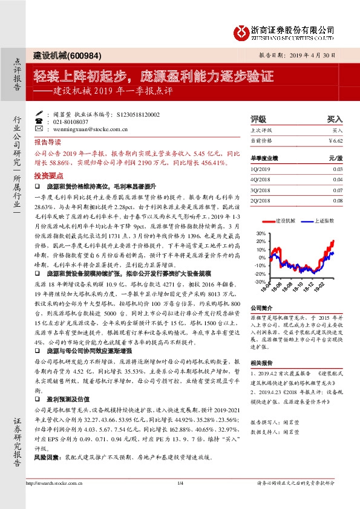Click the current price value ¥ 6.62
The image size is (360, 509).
335,141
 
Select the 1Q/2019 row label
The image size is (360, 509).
260,169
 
